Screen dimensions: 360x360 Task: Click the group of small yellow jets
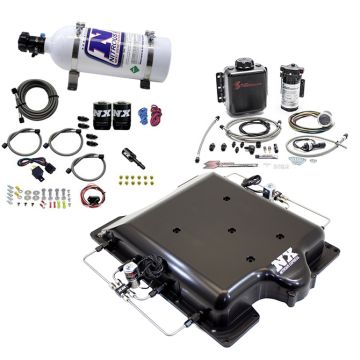[x=131, y=180]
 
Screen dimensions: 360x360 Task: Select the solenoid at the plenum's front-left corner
[x=132, y=297]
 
